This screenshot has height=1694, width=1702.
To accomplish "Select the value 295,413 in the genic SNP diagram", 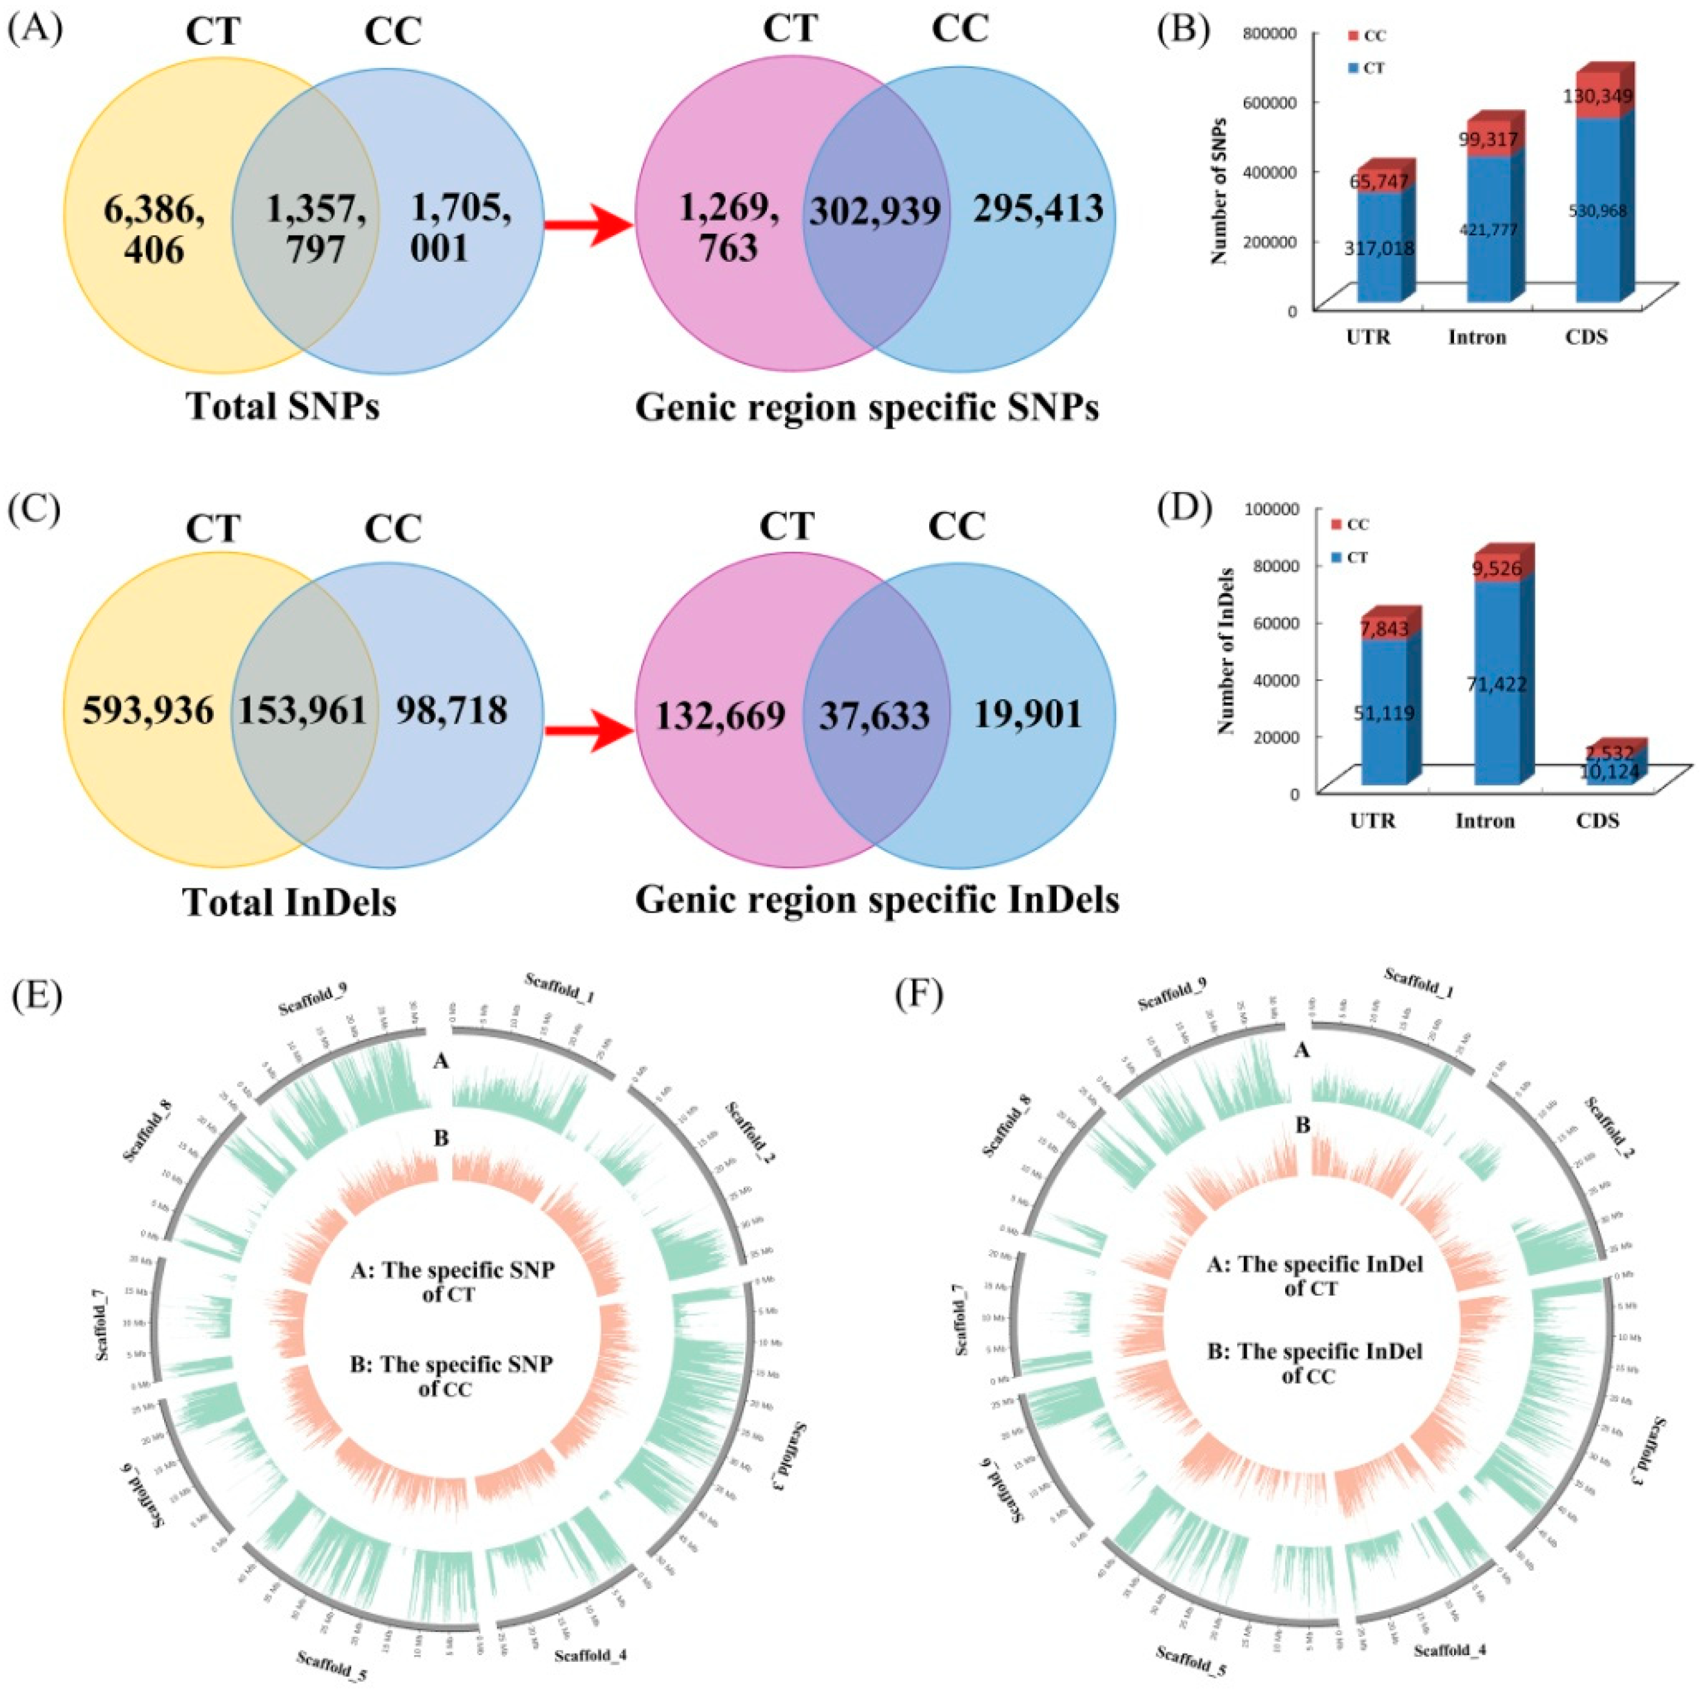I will click(x=1038, y=210).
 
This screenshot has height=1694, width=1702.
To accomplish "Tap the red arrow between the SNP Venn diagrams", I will click(x=588, y=227).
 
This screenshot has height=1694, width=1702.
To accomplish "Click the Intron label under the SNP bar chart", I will click(x=1477, y=337).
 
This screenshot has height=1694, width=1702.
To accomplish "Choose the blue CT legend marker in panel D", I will click(x=1336, y=558).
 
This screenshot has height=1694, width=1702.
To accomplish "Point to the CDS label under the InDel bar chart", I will click(x=1597, y=820).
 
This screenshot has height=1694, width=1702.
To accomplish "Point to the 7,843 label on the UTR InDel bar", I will click(x=1384, y=629).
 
